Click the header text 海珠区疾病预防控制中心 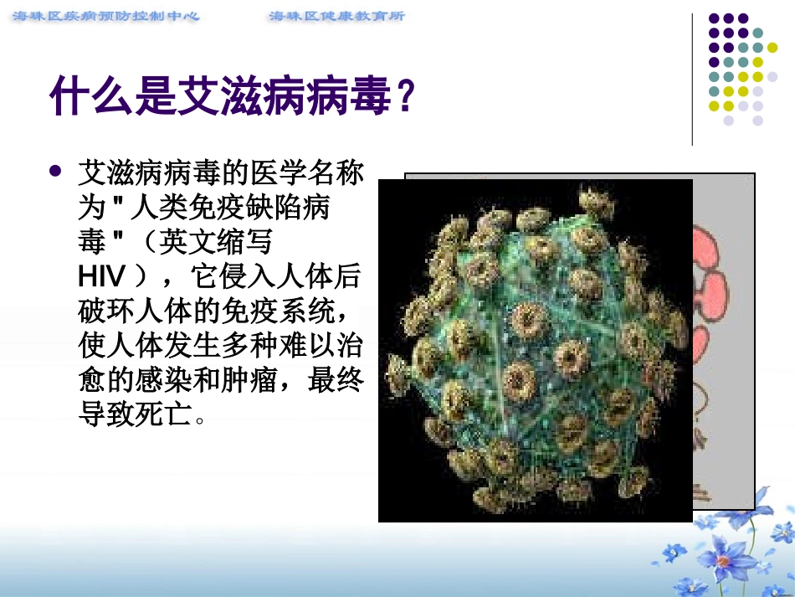click(107, 16)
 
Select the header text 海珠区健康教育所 click(337, 16)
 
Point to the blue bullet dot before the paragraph click(56, 171)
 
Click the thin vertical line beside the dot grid click(693, 80)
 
